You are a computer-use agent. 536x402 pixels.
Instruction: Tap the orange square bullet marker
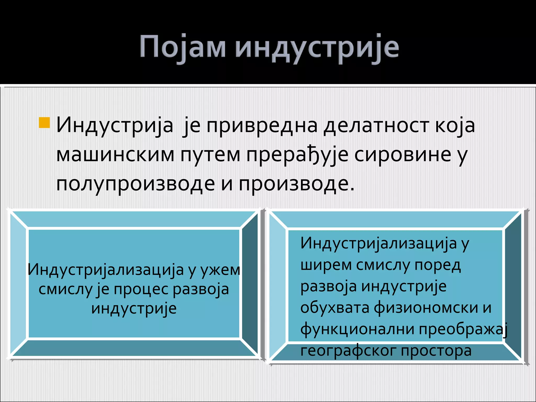pos(44,123)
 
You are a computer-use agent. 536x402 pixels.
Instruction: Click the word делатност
pos(376,126)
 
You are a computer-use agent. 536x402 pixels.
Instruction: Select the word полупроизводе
pos(136,184)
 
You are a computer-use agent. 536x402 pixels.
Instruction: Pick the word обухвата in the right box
pos(335,308)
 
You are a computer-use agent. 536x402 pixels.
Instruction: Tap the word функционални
pos(357,330)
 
